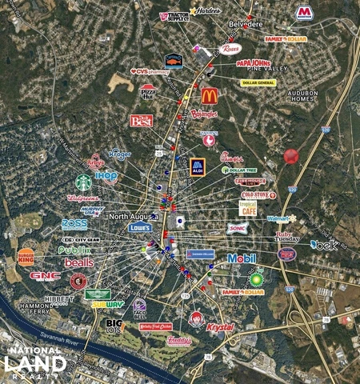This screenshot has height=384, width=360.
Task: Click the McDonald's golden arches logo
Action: coord(209,96)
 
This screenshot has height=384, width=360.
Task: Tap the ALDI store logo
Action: coord(198,167)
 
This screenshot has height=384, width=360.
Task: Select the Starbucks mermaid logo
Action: coord(83,182)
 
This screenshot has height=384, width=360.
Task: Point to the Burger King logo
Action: coord(26,256)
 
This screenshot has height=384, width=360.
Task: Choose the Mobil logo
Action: coord(242,258)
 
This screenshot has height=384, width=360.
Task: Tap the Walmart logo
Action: coord(281,218)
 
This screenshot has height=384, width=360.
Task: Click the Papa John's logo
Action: coord(254,64)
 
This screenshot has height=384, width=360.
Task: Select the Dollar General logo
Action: coord(258,82)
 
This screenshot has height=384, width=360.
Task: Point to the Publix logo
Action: coord(74,250)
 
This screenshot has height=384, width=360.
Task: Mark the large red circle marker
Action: coord(291,157)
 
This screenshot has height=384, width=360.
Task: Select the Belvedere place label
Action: coord(246,25)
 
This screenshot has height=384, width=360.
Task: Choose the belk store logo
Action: coord(324,245)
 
